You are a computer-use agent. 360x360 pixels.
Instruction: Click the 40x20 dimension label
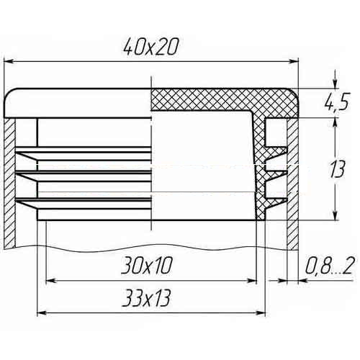[151, 46]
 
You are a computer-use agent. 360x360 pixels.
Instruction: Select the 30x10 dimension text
[147, 266]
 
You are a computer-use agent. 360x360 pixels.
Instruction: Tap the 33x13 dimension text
[146, 298]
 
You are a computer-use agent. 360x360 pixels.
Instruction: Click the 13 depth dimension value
[337, 169]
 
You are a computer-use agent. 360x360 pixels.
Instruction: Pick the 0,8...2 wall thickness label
[329, 266]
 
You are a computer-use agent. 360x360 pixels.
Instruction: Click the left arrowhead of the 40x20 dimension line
[9, 61]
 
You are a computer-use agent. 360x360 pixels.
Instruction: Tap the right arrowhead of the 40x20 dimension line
[293, 61]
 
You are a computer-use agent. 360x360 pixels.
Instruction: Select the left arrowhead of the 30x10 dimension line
[50, 281]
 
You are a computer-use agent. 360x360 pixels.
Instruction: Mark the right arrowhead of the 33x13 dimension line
[261, 313]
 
